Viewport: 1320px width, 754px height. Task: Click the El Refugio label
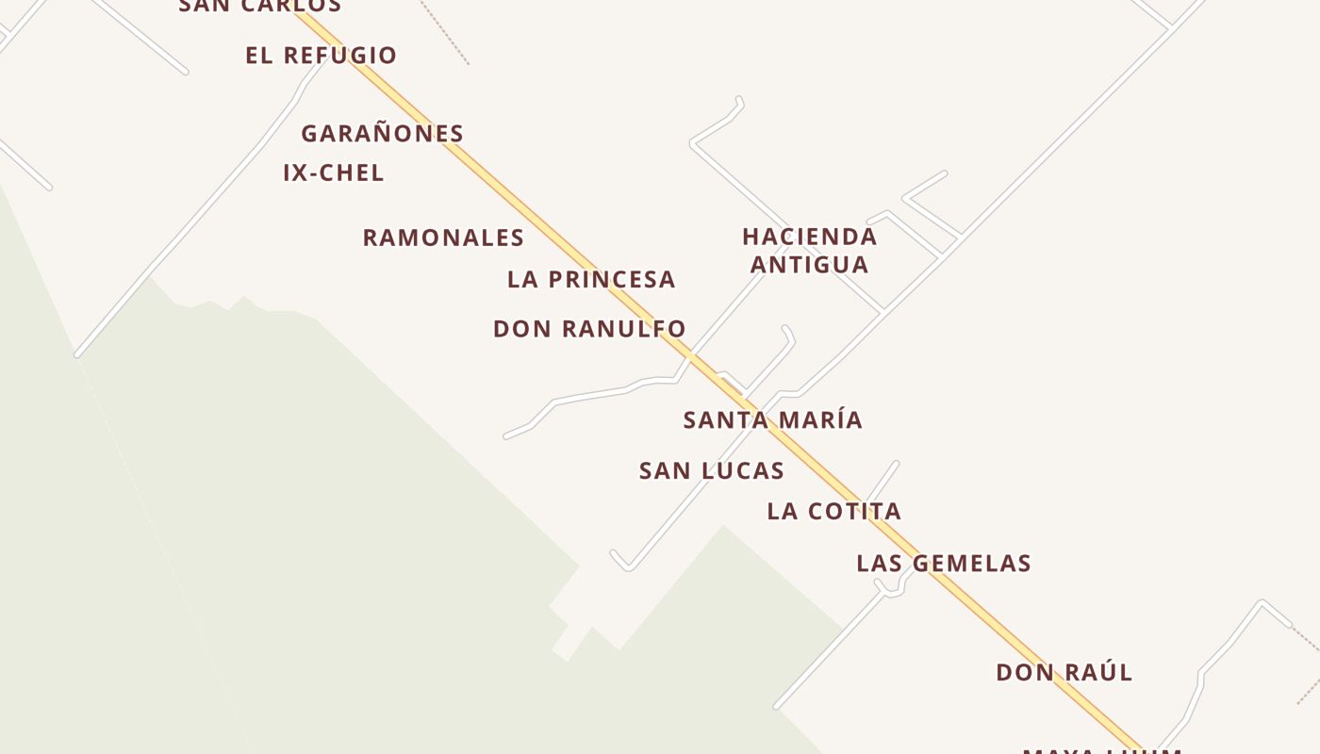321,56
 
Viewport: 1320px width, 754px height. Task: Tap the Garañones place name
382,134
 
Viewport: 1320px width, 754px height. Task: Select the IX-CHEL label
334,173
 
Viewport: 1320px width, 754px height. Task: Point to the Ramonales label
443,238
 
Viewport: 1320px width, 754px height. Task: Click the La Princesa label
591,280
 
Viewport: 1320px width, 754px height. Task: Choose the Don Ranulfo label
589,329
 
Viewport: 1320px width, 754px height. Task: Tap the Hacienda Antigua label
809,251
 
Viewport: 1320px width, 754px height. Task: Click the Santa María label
772,420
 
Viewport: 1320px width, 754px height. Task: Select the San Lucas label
711,471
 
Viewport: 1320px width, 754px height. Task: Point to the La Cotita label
833,512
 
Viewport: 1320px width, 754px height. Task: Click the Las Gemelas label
943,564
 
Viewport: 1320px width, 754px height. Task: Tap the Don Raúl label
1064,673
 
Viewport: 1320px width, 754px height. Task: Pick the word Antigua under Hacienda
809,265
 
